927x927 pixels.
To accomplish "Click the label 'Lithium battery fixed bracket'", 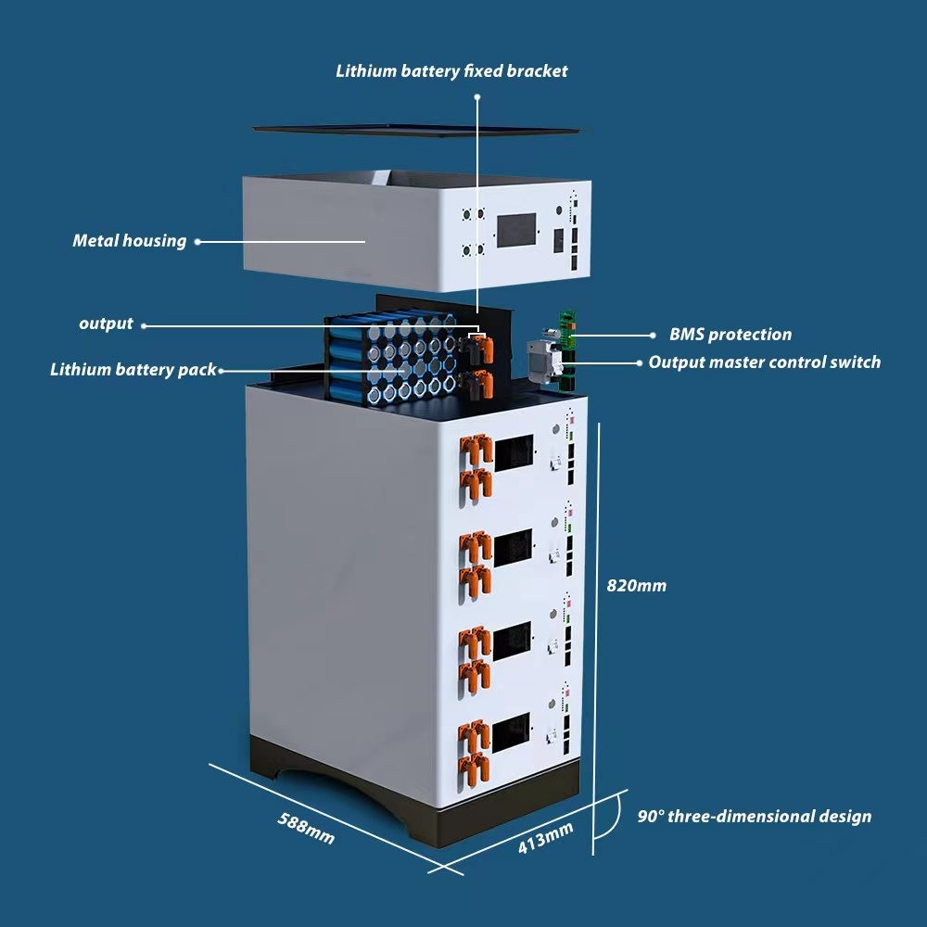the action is pos(451,71).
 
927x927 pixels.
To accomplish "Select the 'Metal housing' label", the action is pos(130,241).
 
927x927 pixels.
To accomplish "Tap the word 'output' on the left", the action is pos(106,324).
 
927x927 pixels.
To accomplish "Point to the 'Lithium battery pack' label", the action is pos(133,370).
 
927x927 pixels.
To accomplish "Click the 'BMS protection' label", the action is pos(730,334).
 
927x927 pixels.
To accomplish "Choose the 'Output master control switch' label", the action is pos(765,362).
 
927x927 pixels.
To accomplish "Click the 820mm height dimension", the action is pos(636,586).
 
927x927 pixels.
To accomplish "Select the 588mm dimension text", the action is pos(306,828).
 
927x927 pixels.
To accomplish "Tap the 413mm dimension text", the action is pos(545,838).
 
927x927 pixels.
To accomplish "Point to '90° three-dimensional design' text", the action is pos(755,817).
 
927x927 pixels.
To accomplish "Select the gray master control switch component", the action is pos(544,362).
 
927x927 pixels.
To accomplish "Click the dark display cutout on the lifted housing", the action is pos(516,231).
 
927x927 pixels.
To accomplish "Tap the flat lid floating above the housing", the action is pos(416,130).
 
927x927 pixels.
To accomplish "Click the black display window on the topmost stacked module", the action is pos(514,453).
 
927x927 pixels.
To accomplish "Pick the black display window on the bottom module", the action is pos(512,732).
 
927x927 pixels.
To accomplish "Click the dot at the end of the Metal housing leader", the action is pos(197,241).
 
